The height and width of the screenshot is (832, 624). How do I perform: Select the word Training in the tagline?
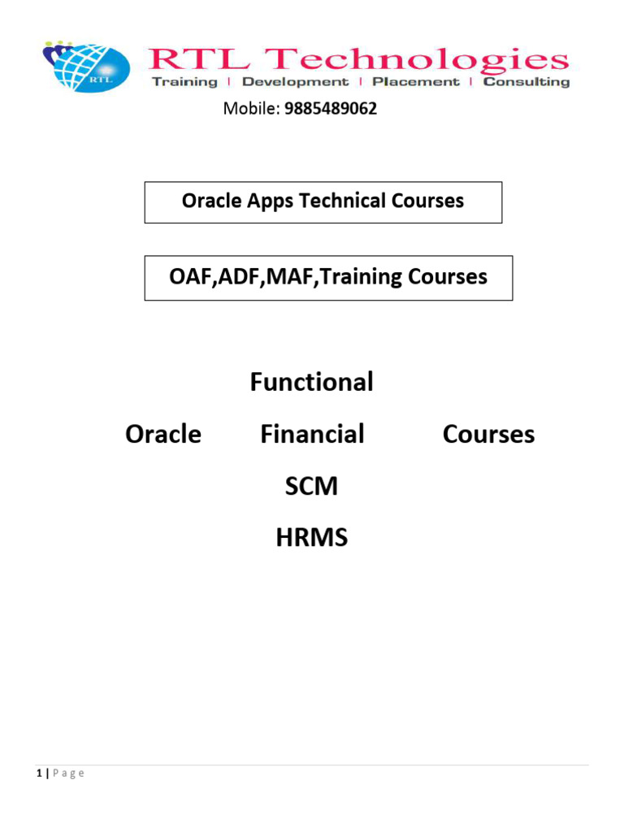pyautogui.click(x=184, y=82)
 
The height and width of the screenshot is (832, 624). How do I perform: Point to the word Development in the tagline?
pyautogui.click(x=295, y=82)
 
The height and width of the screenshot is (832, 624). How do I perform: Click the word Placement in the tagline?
pyautogui.click(x=416, y=82)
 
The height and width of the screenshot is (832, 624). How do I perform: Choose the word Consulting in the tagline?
pyautogui.click(x=526, y=82)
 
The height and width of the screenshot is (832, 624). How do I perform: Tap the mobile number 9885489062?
pyautogui.click(x=331, y=109)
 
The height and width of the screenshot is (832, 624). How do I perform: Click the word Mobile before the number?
pyautogui.click(x=250, y=109)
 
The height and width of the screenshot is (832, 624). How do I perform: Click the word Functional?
pyautogui.click(x=312, y=382)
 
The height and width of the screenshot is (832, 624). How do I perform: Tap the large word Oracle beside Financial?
pyautogui.click(x=163, y=434)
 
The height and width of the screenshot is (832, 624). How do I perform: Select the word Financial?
pyautogui.click(x=312, y=434)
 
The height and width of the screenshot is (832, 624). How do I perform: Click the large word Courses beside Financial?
pyautogui.click(x=488, y=434)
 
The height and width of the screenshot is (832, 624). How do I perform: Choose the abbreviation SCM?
pyautogui.click(x=312, y=486)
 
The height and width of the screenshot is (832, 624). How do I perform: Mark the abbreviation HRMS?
pyautogui.click(x=312, y=537)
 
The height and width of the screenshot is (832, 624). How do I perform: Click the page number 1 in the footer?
pyautogui.click(x=39, y=773)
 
